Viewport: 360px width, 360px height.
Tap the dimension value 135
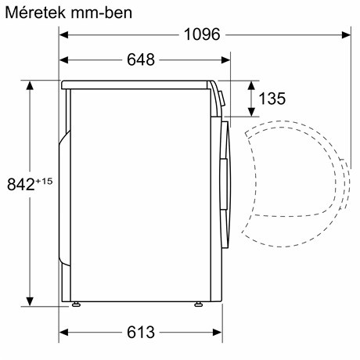point(270,99)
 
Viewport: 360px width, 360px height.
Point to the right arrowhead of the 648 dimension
point(228,60)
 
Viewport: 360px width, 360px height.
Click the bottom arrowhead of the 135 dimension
point(251,113)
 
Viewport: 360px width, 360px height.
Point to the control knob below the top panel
point(221,98)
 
